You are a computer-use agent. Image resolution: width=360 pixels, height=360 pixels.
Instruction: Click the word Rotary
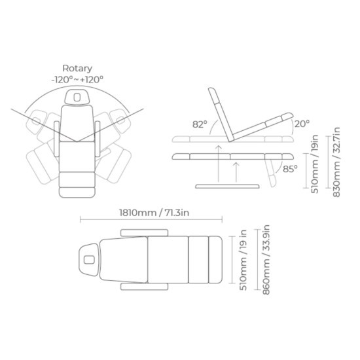[77, 69]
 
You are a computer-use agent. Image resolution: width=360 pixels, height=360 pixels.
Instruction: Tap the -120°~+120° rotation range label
[77, 79]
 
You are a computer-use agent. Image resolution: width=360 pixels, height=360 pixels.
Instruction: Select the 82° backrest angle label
[200, 124]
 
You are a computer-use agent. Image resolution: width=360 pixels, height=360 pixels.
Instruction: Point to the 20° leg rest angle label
[302, 124]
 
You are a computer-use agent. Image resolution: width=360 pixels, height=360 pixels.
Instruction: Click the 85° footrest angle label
[290, 169]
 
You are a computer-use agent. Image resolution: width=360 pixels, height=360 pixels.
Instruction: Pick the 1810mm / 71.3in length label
[154, 213]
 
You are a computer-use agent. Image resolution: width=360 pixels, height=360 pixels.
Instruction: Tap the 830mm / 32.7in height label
[336, 162]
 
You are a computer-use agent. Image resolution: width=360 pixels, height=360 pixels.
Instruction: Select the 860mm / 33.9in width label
[266, 260]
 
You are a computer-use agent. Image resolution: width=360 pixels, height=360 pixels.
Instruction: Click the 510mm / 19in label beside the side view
[315, 164]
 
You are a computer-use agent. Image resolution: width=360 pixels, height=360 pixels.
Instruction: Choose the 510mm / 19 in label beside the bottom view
[243, 260]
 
